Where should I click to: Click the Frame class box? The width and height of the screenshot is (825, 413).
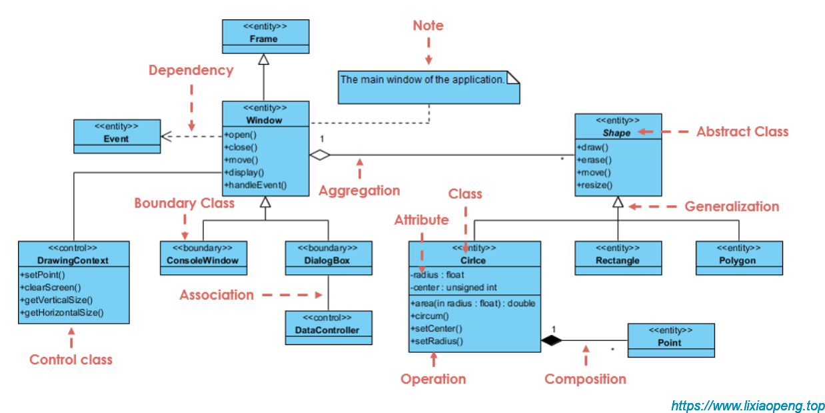click(265, 36)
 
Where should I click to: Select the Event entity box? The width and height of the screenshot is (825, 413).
click(117, 136)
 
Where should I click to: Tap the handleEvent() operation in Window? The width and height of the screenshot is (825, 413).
click(256, 185)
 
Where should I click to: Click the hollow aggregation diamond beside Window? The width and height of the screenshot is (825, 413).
click(320, 155)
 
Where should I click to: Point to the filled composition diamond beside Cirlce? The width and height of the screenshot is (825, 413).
click(551, 340)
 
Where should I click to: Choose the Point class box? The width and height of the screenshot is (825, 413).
click(670, 340)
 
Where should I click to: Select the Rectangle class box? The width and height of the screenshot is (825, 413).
click(618, 258)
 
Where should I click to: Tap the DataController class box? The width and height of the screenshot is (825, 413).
click(328, 327)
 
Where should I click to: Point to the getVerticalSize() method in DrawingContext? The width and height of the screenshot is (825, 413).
click(57, 300)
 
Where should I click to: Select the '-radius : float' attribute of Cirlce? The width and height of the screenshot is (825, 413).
click(438, 274)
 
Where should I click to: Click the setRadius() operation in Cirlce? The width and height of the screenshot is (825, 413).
click(437, 341)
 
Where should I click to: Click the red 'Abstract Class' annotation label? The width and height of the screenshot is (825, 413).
click(742, 132)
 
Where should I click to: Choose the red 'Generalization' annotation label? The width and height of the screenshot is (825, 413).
click(732, 207)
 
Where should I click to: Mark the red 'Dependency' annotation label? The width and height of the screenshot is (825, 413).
click(191, 70)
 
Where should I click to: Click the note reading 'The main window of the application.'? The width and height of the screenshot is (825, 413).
click(428, 87)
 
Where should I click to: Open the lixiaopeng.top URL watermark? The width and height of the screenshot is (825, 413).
click(747, 405)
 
